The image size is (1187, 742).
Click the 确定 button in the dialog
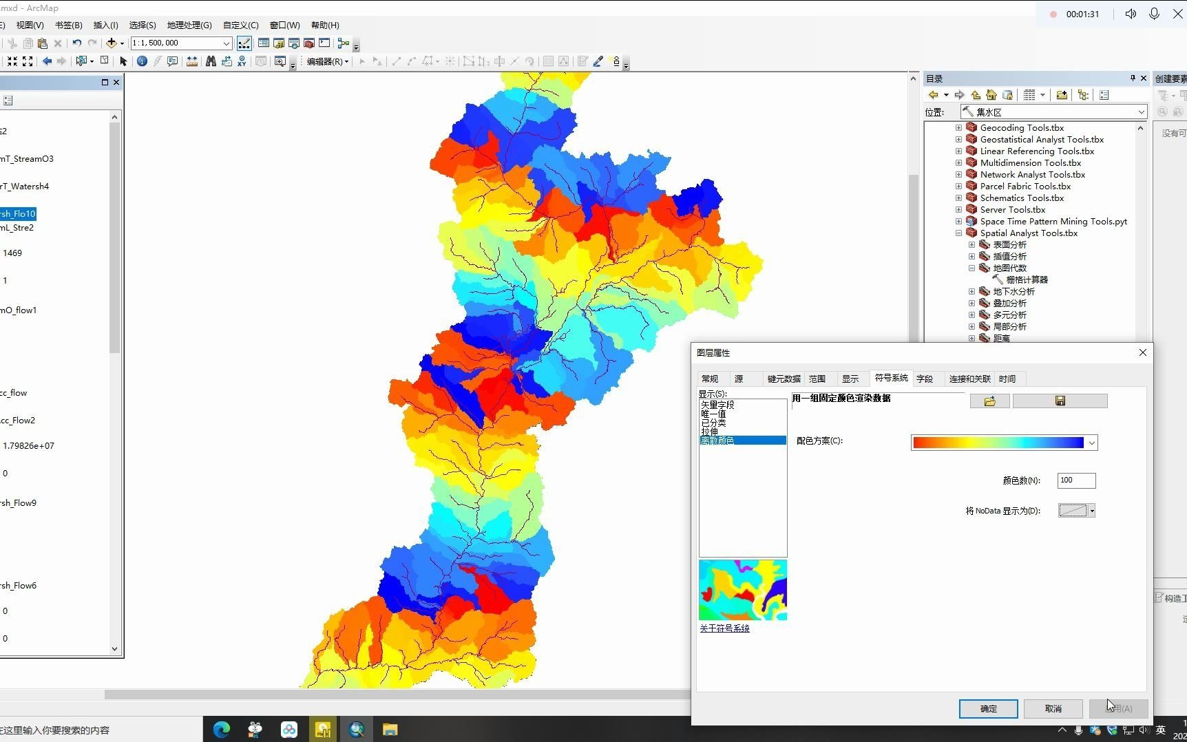988,708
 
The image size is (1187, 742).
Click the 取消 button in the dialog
1053,708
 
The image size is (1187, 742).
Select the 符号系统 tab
891,378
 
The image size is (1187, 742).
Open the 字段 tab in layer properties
925,379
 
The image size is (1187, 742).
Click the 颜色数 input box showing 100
1075,480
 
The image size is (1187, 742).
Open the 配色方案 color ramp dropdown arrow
1091,443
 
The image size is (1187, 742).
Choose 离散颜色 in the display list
717,441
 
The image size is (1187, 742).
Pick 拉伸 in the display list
710,432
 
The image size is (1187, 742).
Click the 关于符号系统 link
724,628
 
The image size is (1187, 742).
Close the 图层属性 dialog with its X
1143,352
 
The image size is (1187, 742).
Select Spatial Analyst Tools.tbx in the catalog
1029,233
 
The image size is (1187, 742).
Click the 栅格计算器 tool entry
1027,280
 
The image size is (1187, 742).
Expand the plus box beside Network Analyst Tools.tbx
958,175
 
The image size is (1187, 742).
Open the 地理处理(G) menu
189,25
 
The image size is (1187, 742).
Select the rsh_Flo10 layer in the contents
18,214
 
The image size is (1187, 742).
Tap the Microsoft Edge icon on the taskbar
222,730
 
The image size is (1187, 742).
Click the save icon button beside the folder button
1060,401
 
